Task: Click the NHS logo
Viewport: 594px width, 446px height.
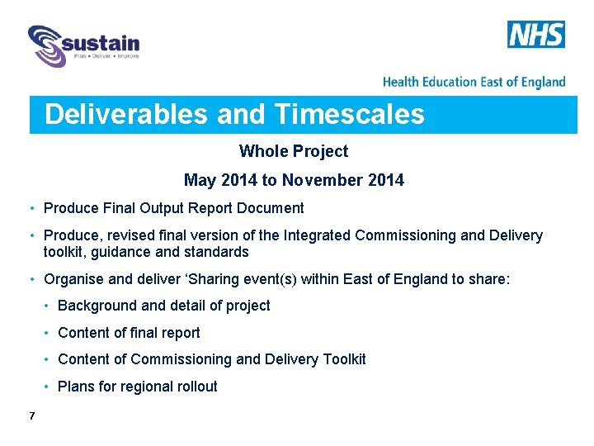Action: click(x=536, y=35)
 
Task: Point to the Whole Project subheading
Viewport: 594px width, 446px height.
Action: click(x=294, y=151)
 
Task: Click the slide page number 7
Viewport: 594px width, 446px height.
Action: click(x=31, y=415)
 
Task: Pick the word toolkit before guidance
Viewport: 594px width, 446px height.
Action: click(x=66, y=252)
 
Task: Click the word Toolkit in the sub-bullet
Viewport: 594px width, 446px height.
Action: click(x=341, y=359)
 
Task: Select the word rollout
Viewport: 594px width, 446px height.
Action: click(x=196, y=387)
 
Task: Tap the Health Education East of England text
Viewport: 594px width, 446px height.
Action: click(x=474, y=82)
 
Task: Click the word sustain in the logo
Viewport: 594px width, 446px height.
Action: click(x=104, y=42)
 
